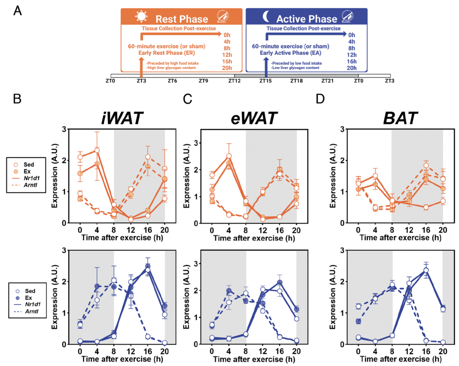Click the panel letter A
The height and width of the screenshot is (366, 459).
click(18, 11)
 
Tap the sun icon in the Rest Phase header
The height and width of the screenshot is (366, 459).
click(141, 17)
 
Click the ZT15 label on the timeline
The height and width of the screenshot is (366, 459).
click(266, 80)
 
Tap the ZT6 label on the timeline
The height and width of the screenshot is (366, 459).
click(173, 80)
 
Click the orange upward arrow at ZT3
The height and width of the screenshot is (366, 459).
click(141, 66)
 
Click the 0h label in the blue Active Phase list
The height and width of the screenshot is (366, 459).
click(351, 35)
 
